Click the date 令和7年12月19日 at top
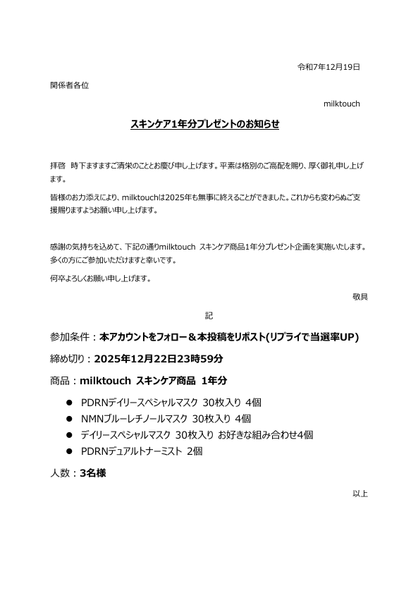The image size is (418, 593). pos(329,67)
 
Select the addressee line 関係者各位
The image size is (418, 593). pos(69,85)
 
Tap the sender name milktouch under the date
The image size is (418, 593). pos(341,104)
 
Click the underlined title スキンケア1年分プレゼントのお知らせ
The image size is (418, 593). pos(205,123)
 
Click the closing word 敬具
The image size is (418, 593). pos(359,296)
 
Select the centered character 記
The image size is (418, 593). pos(209,314)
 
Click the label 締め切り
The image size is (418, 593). pos(68,358)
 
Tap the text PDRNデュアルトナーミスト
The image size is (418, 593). pos(132,451)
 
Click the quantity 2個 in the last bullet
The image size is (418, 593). pos(195,451)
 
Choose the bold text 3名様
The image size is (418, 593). pos(93,474)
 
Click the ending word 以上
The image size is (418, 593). pos(359,494)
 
